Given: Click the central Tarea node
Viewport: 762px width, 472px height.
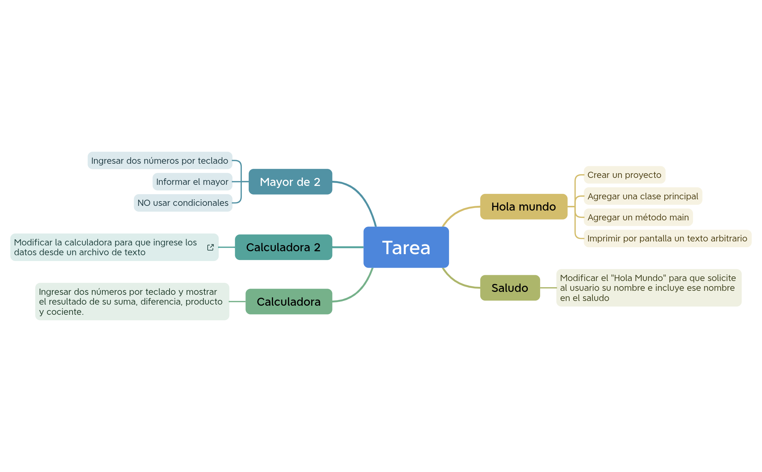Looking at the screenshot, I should [406, 247].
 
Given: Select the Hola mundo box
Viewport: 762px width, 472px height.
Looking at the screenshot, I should [523, 207].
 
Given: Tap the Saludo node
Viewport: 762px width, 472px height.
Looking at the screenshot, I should [510, 288].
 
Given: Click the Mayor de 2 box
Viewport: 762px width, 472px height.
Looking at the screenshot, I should [290, 182].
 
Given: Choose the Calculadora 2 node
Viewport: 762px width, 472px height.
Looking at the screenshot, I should [283, 247].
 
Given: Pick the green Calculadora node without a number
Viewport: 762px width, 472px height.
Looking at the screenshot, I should [289, 302].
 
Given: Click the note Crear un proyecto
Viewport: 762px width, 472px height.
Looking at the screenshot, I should [624, 175].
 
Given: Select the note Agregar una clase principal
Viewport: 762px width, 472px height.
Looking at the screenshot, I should [643, 196].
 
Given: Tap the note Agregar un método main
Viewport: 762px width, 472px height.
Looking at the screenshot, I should [638, 217].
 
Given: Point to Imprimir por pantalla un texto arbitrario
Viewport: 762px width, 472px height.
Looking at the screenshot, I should [667, 239].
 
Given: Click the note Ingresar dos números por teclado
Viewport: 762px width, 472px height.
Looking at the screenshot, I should [159, 160].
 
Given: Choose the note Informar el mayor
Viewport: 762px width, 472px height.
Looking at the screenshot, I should [192, 182].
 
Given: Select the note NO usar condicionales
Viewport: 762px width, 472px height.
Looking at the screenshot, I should [183, 203].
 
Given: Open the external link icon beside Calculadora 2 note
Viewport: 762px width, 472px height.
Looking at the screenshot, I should [211, 247].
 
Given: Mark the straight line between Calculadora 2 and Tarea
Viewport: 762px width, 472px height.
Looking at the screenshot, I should [348, 247].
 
